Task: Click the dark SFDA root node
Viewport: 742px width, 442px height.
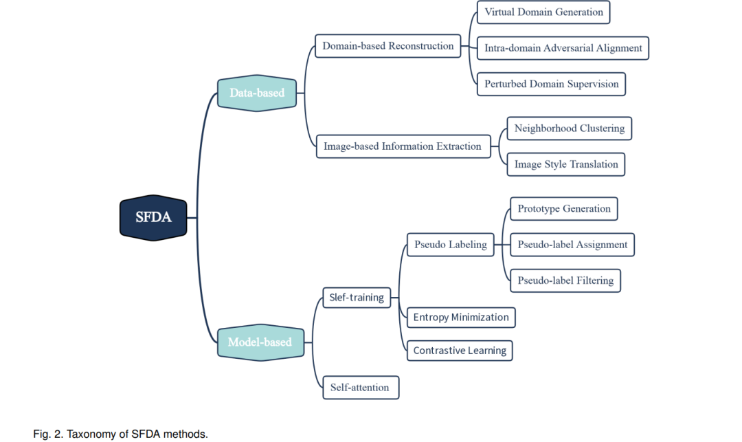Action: [153, 218]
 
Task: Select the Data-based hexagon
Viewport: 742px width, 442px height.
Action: [257, 93]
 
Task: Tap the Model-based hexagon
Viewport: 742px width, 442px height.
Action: [261, 342]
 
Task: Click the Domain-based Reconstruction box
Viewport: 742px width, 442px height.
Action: [388, 46]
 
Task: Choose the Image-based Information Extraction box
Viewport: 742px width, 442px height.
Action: [403, 146]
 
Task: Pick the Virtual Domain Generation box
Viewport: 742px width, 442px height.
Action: [543, 12]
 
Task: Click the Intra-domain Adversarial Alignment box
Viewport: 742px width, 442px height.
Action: [563, 48]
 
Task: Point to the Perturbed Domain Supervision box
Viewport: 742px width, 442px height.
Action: [551, 85]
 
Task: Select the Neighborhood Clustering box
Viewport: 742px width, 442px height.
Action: [570, 129]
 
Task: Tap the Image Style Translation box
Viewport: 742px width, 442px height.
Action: [566, 164]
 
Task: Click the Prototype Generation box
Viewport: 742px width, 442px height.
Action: [564, 209]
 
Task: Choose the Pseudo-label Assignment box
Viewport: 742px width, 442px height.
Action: [572, 245]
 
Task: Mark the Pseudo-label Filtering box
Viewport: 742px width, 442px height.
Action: [565, 280]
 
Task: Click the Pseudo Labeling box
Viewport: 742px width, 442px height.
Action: [451, 245]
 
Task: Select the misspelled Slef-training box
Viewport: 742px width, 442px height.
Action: [357, 298]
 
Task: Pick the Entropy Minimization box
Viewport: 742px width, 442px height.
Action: [461, 318]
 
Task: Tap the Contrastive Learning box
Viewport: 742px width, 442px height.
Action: [460, 351]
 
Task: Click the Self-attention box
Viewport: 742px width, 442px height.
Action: [361, 388]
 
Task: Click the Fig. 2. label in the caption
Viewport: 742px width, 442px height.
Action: [48, 434]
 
